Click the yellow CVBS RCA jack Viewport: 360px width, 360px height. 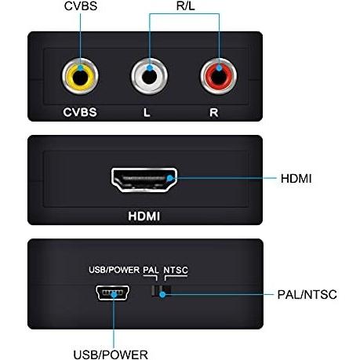(x=80, y=77)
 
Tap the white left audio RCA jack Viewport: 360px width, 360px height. (x=149, y=77)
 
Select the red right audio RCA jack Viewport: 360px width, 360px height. (x=219, y=77)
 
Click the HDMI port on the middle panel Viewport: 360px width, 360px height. (x=144, y=180)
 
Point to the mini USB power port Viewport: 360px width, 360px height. (x=113, y=293)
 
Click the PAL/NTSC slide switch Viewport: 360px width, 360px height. (x=161, y=291)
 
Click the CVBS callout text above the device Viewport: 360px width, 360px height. (x=81, y=6)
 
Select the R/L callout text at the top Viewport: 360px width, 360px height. (x=185, y=6)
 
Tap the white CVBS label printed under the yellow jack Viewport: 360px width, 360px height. (x=80, y=112)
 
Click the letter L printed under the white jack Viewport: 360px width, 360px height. (x=147, y=112)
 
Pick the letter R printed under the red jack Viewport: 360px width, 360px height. (x=214, y=112)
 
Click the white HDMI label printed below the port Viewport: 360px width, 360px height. (x=144, y=216)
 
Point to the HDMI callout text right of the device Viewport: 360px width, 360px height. (x=296, y=179)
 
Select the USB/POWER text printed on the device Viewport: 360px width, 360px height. (x=114, y=270)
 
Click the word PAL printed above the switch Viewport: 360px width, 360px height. (x=151, y=270)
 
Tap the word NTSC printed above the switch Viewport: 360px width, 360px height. (x=176, y=270)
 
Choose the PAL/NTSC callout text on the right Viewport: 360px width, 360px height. (x=307, y=295)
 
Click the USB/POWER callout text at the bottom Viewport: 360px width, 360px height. (x=111, y=355)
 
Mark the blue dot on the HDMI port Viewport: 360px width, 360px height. (x=170, y=179)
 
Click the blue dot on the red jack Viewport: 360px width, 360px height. (x=219, y=68)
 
